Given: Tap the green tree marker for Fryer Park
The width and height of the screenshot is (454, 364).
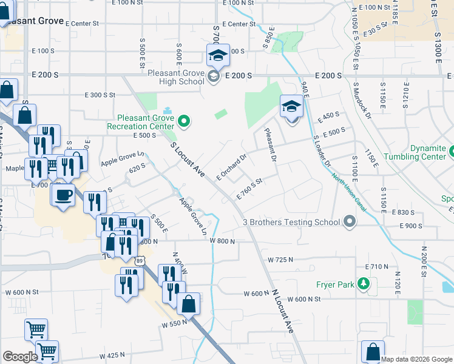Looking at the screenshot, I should click(364, 284).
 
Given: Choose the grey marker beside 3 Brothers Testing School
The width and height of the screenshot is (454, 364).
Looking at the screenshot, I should click(349, 222).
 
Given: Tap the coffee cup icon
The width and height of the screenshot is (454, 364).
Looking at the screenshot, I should click(63, 195).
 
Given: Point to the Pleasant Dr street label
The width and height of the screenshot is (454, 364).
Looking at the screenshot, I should click(270, 146).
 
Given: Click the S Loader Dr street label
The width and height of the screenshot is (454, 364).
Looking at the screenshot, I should click(322, 152).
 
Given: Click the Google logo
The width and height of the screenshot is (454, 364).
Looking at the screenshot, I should click(20, 357).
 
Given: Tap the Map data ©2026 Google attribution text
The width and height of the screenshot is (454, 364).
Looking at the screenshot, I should click(416, 359).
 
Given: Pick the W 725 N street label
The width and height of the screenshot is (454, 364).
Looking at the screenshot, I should click(280, 260).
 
